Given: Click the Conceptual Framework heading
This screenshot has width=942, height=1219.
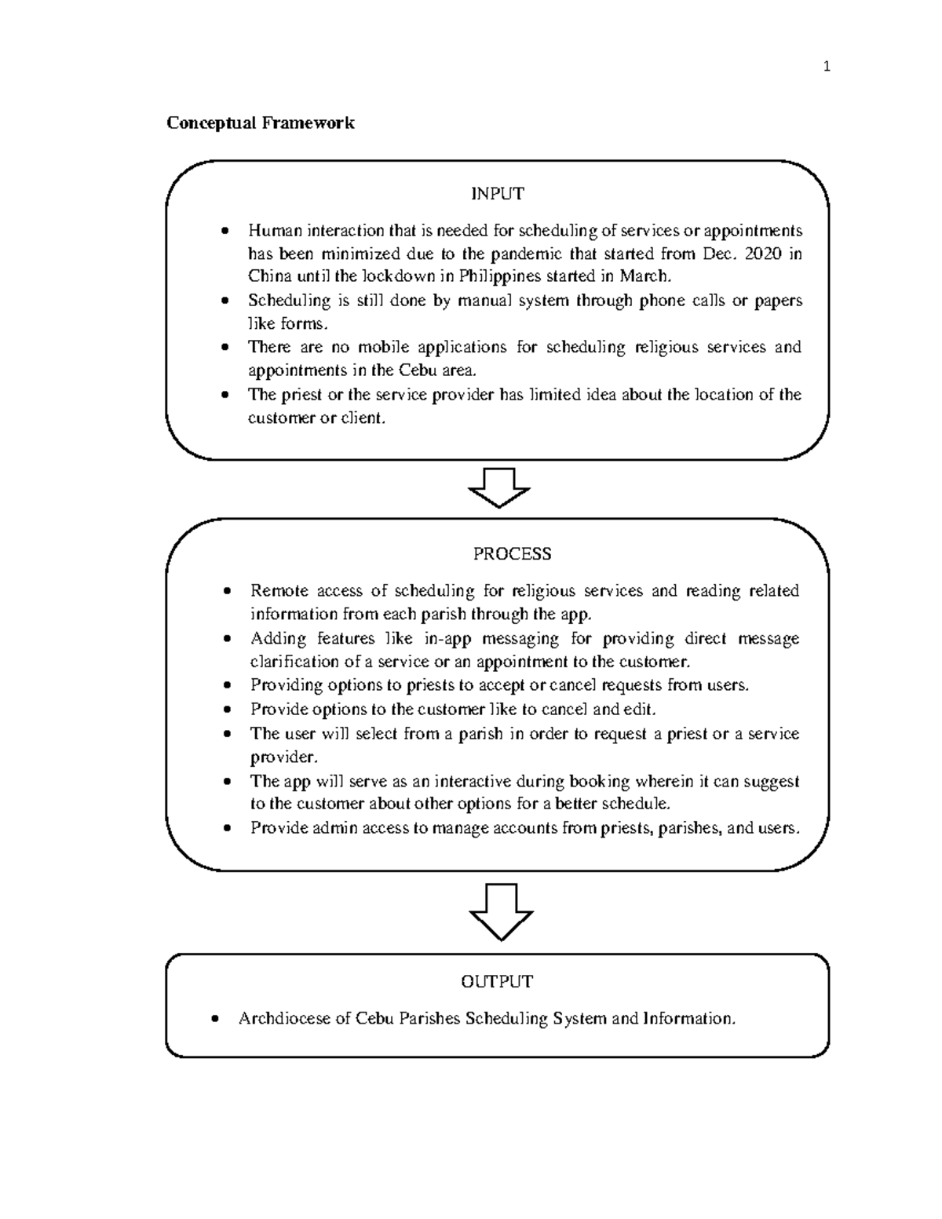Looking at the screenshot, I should coord(260,123).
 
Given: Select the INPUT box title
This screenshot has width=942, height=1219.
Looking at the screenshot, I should coord(497,193).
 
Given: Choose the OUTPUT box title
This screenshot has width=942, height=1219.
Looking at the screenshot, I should coord(497,981).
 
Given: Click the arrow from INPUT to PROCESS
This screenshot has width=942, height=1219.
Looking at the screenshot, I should coord(499,487).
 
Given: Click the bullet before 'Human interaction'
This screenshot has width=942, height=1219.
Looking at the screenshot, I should coord(226,231).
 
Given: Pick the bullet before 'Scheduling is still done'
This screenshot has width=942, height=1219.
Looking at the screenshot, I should coord(226,301).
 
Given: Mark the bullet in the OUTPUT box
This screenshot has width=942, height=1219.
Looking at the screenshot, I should coord(216,1019).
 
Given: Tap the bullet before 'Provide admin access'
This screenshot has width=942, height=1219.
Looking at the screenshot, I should coord(227,828).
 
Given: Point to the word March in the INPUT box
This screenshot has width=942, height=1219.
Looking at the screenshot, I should coord(644,276).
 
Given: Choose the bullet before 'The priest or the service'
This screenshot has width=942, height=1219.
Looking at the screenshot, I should coord(226,395).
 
